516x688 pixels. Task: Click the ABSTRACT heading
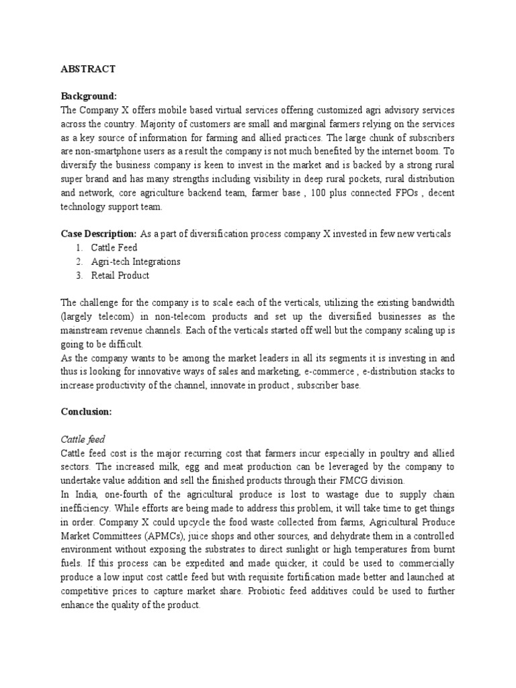[88, 69]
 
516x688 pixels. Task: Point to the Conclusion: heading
[86, 412]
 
